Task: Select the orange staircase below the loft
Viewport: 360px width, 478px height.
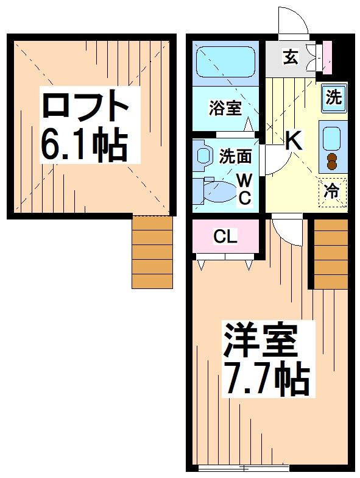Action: pos(152,252)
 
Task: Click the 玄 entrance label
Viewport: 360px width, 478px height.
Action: pos(290,59)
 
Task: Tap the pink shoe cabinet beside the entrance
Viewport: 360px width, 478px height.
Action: pos(327,55)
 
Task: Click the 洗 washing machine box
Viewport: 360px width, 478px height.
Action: pos(333,97)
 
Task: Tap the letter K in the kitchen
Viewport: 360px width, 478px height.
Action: pos(294,141)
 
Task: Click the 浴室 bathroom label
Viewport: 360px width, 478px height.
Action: pos(225,109)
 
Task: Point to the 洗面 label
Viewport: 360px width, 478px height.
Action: pos(235,156)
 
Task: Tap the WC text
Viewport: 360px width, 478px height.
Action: pos(244,188)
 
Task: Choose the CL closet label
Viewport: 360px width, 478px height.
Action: pos(225,237)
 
